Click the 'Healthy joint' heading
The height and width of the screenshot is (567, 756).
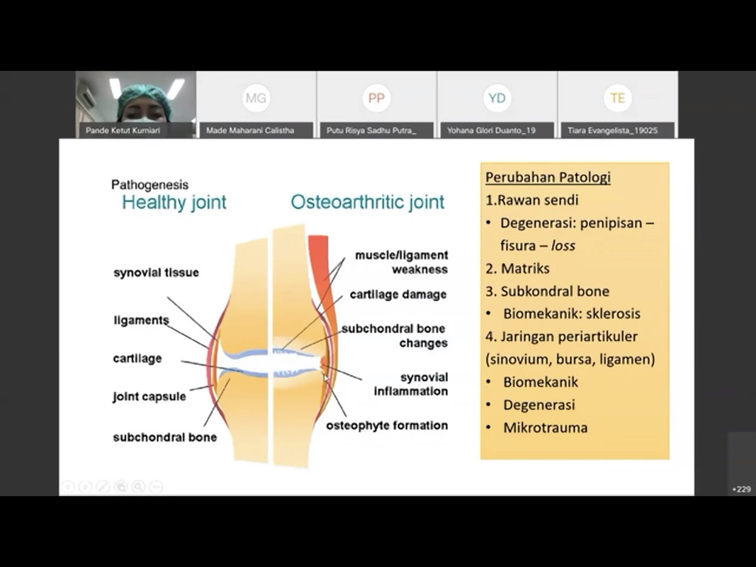[x=174, y=203]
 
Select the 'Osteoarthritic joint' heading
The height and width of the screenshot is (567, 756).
[x=367, y=203]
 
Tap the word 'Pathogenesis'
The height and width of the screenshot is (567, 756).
[x=149, y=185]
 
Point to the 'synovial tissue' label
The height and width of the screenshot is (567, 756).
[x=156, y=273]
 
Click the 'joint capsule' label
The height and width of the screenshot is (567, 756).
[x=149, y=396]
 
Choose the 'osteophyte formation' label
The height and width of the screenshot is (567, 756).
[x=387, y=426]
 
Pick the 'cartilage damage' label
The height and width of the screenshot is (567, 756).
[x=398, y=294]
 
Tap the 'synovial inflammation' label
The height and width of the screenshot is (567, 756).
[x=412, y=384]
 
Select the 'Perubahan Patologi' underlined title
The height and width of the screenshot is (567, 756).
[x=548, y=177]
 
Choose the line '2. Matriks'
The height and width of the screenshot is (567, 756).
[x=517, y=268]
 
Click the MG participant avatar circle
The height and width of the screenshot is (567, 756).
[x=256, y=99]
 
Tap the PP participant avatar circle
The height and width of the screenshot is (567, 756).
[x=376, y=99]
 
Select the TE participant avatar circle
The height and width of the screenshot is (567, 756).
[x=617, y=99]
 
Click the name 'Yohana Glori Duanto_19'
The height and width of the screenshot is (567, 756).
[x=491, y=130]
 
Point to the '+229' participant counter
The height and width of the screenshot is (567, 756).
[x=742, y=489]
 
